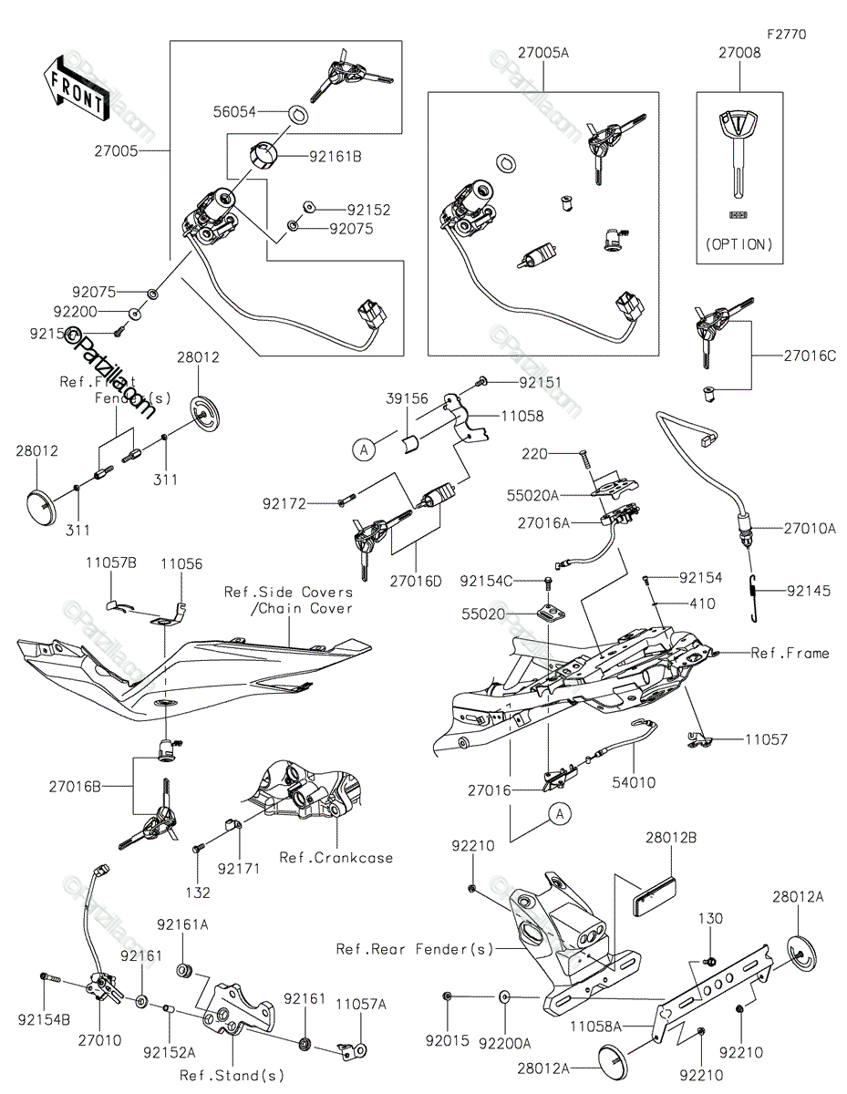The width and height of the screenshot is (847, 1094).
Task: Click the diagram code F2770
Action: tap(786, 35)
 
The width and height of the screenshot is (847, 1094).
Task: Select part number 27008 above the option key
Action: tap(739, 54)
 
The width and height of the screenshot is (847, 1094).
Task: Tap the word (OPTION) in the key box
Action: tap(739, 244)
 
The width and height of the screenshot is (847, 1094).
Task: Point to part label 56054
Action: tap(232, 113)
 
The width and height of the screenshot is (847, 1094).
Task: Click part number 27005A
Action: tap(545, 54)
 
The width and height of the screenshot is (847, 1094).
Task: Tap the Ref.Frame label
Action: tap(790, 653)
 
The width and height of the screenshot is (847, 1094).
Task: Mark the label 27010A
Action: tap(809, 527)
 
